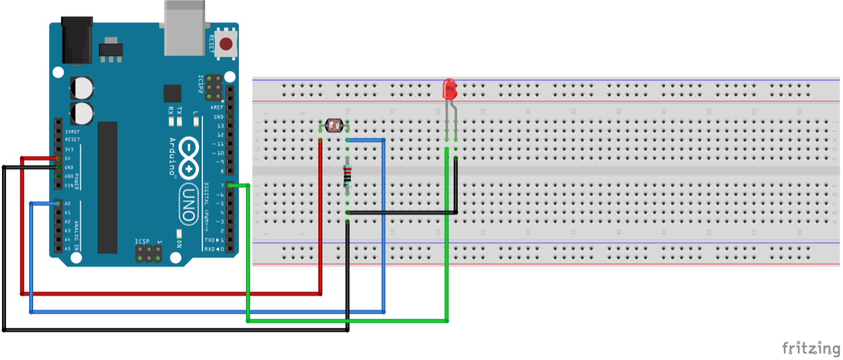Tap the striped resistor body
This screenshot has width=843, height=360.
pyautogui.click(x=348, y=176)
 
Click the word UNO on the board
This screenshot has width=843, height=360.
pyautogui.click(x=190, y=206)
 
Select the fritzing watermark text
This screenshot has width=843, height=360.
pyautogui.click(x=811, y=347)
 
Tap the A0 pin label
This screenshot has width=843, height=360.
pyautogui.click(x=68, y=204)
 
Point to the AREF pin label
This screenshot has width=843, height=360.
pyautogui.click(x=217, y=107)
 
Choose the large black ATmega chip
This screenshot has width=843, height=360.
pyautogui.click(x=107, y=188)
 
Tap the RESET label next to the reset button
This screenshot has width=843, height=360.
pyautogui.click(x=212, y=44)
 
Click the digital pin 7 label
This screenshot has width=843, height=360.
pyautogui.click(x=222, y=186)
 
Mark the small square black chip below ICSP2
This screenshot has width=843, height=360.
pyautogui.click(x=172, y=93)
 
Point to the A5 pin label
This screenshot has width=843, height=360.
pyautogui.click(x=68, y=249)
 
